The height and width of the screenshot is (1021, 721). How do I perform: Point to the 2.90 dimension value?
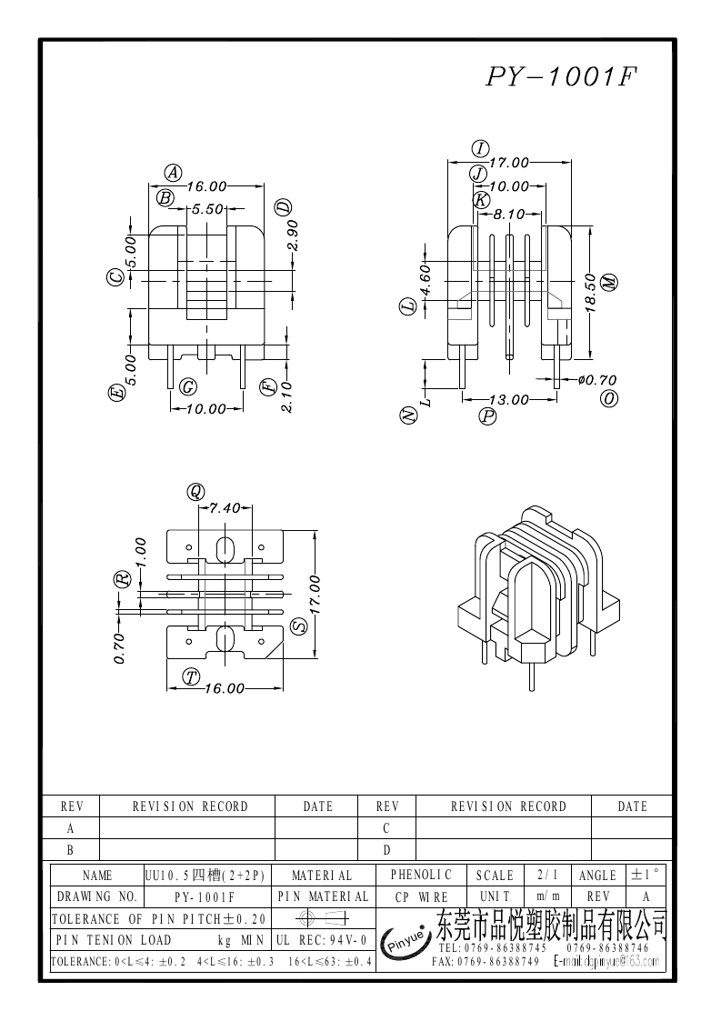point(293,237)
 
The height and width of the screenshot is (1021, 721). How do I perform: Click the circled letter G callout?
point(188,386)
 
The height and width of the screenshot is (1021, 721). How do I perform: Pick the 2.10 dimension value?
point(286,397)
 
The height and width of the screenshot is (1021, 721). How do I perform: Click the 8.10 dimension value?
point(509,215)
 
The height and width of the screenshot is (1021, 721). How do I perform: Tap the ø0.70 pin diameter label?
point(596,380)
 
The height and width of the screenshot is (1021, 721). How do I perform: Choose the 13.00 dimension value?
point(508,399)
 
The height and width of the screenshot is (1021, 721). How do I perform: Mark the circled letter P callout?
point(488,416)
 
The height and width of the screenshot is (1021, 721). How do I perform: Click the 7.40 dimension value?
point(225,508)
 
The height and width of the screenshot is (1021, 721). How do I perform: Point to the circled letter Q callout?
point(195,492)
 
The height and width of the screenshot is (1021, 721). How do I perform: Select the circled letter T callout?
point(191,676)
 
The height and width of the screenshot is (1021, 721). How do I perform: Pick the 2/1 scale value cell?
point(547,875)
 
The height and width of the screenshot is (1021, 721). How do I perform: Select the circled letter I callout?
point(481,149)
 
